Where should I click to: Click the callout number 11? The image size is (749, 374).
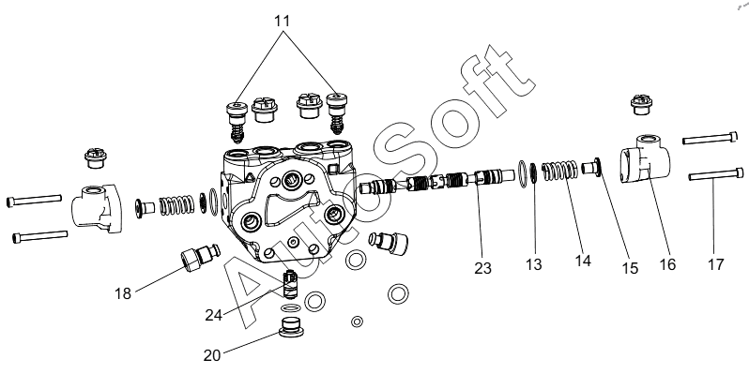click(x=282, y=22)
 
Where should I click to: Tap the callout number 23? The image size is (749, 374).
click(x=483, y=268)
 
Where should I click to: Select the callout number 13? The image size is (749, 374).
click(x=533, y=264)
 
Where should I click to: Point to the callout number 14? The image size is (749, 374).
click(x=583, y=261)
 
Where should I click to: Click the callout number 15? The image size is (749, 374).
click(x=630, y=268)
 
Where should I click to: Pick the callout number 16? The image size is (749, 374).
click(x=667, y=264)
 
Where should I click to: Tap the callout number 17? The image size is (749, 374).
click(x=715, y=264)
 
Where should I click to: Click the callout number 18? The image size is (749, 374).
click(x=123, y=293)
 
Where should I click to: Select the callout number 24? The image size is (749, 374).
click(x=214, y=315)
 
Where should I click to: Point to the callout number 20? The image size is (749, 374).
click(x=212, y=355)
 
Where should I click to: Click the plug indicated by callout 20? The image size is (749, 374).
click(x=291, y=326)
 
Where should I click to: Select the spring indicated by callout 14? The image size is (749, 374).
click(x=559, y=171)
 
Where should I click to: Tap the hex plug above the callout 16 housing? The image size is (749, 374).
click(x=641, y=104)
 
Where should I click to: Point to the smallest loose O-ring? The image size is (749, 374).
click(x=357, y=322)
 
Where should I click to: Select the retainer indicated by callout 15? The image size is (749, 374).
click(x=593, y=168)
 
